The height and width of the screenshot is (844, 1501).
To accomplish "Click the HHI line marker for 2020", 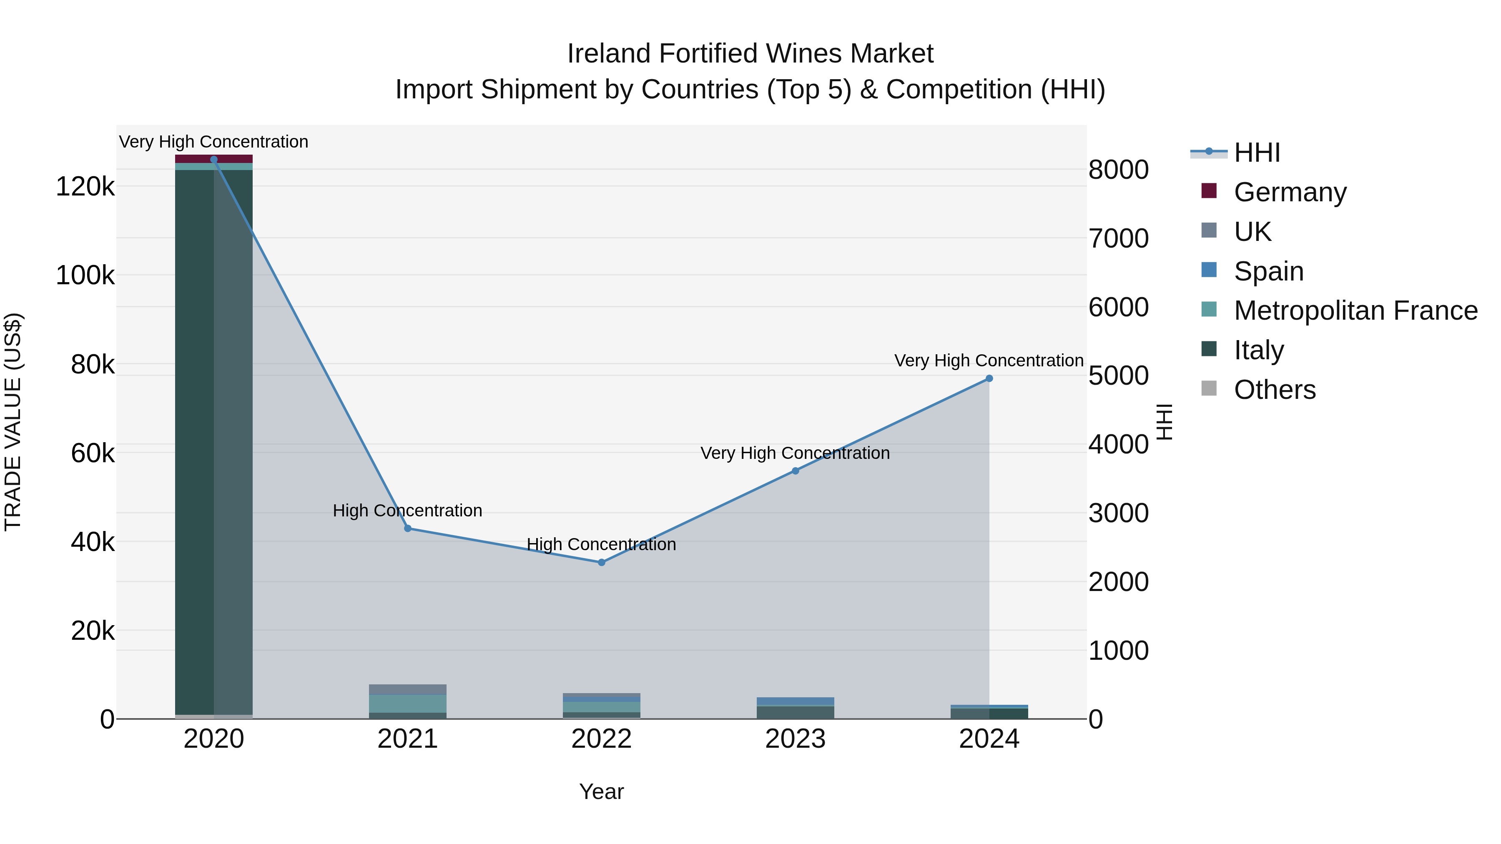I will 214,160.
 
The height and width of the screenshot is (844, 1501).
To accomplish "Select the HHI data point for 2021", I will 408,528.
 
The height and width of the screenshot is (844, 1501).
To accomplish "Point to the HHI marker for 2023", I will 796,471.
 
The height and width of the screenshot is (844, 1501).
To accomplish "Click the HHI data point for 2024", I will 989,378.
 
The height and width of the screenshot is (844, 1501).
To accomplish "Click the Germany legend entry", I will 1290,192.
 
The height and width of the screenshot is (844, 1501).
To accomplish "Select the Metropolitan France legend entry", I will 1355,311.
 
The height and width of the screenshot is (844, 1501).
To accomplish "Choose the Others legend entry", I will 1274,390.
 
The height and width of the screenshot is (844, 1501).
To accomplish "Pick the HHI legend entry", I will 1257,153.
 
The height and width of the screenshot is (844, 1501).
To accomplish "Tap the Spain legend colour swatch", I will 1209,270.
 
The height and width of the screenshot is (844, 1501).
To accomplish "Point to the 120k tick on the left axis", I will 85,187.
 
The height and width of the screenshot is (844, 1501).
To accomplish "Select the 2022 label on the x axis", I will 601,739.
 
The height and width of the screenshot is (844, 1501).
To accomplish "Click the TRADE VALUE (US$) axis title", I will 13,422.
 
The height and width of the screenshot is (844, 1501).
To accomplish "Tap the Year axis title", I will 601,791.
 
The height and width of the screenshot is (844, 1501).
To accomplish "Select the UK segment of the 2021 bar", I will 408,689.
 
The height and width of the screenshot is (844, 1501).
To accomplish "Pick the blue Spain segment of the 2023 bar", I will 796,701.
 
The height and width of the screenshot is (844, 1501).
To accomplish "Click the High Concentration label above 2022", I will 601,545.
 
